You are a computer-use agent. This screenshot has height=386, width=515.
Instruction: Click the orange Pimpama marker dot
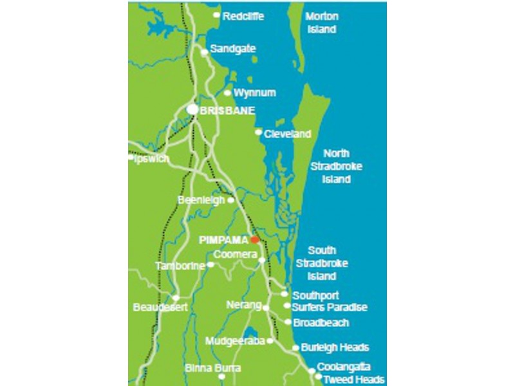[255, 239]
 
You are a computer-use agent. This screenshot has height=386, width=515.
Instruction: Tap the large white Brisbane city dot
[192, 110]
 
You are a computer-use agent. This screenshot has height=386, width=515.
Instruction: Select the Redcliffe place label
[244, 16]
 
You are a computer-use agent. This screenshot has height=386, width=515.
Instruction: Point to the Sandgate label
[233, 49]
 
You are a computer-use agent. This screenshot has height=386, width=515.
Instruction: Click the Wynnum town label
[254, 93]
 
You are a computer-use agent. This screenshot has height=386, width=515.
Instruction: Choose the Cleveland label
[287, 134]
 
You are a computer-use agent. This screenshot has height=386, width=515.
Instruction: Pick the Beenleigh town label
[201, 200]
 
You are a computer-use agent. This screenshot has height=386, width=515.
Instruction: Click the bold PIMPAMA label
[223, 239]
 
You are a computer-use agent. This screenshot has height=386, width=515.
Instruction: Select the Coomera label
[234, 255]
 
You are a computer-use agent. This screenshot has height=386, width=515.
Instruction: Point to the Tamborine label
[180, 266]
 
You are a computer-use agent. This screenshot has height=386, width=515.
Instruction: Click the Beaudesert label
[160, 308]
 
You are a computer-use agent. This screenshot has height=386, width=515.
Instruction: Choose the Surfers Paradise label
[329, 308]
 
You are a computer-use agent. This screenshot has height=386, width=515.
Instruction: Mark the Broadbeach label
[321, 322]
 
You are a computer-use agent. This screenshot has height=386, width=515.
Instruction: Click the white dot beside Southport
[285, 294]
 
